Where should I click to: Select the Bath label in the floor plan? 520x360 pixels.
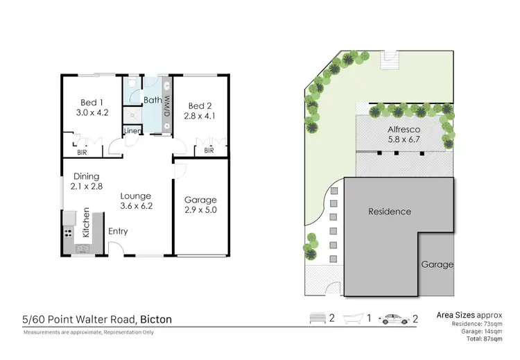(x=153, y=101)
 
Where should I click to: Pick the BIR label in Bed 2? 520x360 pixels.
(x=208, y=150)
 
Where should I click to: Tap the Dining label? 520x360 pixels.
(x=86, y=176)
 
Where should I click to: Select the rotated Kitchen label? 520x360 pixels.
(x=87, y=221)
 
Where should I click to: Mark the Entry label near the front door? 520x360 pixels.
(x=119, y=232)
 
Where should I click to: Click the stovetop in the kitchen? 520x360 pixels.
(x=69, y=233)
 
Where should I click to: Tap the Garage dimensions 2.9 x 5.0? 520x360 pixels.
(x=200, y=210)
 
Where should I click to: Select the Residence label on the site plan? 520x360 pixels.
(x=389, y=212)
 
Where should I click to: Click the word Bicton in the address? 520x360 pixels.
(x=156, y=320)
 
